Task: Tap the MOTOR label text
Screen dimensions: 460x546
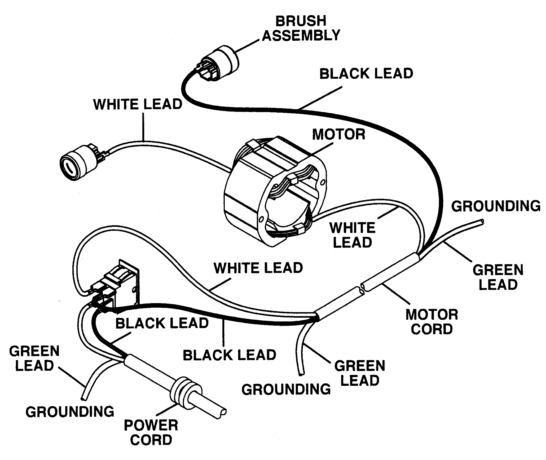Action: [x=338, y=134]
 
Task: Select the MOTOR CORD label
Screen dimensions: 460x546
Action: [x=432, y=322]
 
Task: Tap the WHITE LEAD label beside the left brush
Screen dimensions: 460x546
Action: [x=138, y=104]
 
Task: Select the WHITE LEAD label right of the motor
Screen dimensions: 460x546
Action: [x=352, y=235]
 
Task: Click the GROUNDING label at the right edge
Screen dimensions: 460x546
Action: [x=496, y=206]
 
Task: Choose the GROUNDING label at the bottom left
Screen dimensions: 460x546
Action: [x=70, y=412]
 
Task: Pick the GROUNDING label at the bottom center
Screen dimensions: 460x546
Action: [x=286, y=390]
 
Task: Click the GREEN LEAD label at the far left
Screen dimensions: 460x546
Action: [x=34, y=359]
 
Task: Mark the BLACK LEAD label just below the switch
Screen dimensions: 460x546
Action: [x=162, y=323]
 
